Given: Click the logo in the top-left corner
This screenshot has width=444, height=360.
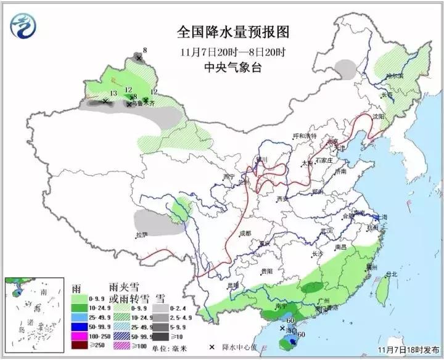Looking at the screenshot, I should (x=24, y=25).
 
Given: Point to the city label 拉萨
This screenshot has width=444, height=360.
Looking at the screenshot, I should (x=142, y=235).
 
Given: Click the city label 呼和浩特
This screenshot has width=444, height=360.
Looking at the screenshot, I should (x=303, y=136).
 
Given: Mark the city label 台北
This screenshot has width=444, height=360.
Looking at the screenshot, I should (x=391, y=274).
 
